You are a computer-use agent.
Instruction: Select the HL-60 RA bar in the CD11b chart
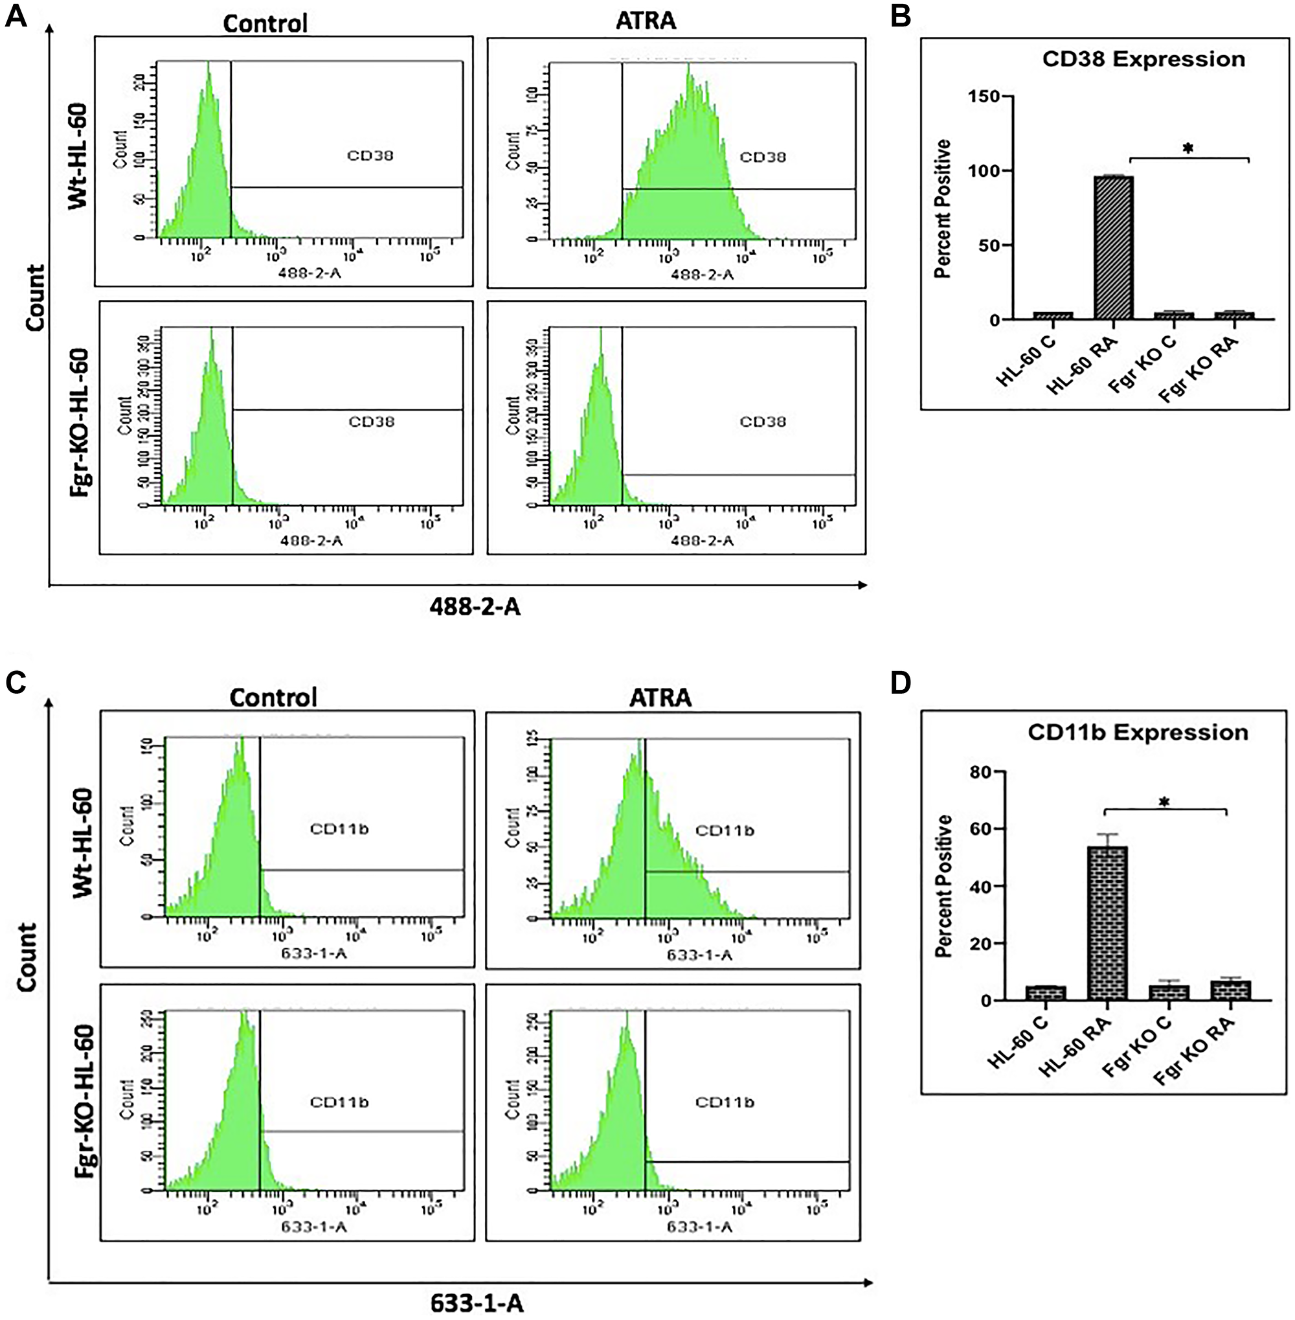(1107, 924)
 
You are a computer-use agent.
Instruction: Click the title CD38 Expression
(1143, 59)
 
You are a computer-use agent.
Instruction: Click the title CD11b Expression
(1137, 733)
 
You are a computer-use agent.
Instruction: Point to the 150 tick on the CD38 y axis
(985, 97)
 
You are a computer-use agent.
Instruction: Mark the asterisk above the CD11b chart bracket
(1164, 804)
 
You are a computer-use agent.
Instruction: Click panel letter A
(16, 16)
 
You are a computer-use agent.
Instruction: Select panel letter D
(901, 683)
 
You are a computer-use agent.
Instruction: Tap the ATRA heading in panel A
(646, 21)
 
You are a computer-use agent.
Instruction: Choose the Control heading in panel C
(273, 698)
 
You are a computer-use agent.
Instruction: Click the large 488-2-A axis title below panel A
(475, 606)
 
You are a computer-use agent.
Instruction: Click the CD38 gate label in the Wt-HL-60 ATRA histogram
(763, 157)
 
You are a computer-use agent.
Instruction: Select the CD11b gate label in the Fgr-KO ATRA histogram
(725, 1102)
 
